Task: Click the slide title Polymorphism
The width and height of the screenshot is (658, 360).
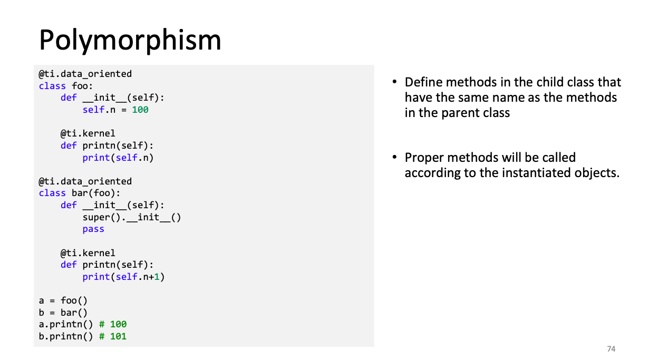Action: point(130,40)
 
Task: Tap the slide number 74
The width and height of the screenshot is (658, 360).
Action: point(611,349)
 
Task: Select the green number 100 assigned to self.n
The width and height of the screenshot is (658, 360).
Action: point(140,110)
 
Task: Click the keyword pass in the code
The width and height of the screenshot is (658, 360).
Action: point(93,229)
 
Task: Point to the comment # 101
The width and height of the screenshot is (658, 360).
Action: point(113,336)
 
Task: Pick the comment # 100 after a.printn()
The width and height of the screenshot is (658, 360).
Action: point(113,324)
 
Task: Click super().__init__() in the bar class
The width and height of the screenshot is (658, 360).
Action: point(132,218)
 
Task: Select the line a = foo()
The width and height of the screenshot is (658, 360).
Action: point(63,300)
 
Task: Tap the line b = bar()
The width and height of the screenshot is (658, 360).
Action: point(63,313)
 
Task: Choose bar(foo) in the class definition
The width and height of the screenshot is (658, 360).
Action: point(93,193)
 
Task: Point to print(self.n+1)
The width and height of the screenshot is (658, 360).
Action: point(123,277)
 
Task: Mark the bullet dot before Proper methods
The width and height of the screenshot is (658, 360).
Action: point(394,157)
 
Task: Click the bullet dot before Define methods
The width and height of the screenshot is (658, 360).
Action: point(394,82)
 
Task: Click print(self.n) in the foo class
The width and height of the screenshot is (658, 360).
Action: point(118,158)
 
